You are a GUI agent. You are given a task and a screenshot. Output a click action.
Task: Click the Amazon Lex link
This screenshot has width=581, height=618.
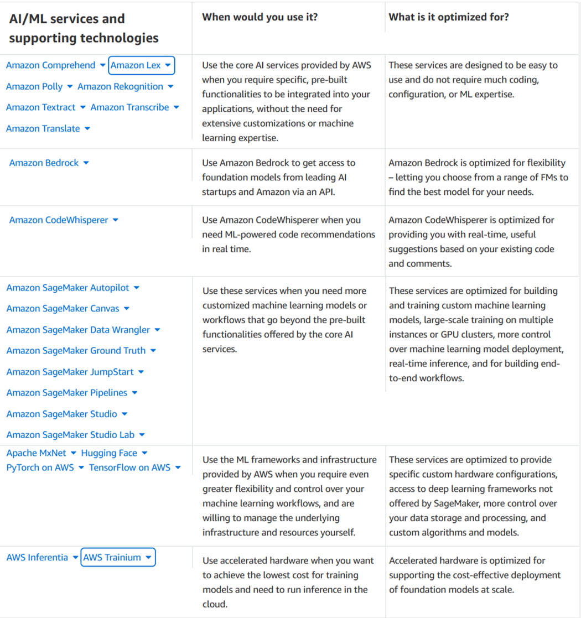(x=136, y=65)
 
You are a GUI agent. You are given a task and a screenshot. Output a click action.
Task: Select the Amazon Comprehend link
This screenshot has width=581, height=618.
(x=50, y=65)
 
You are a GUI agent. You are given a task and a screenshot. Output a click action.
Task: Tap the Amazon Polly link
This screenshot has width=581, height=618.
(x=34, y=86)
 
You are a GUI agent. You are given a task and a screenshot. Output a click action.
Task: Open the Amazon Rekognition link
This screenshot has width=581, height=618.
(x=120, y=86)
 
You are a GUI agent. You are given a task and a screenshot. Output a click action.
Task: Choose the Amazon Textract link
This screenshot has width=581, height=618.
(x=40, y=107)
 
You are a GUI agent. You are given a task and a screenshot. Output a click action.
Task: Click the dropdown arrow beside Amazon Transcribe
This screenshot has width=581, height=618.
(x=177, y=107)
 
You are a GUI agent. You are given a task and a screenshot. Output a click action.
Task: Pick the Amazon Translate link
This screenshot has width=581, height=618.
(x=43, y=128)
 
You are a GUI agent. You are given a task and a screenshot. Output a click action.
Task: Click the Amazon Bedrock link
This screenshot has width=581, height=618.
(x=44, y=163)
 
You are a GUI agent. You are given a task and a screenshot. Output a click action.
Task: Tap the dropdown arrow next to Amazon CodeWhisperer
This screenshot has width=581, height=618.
(x=116, y=220)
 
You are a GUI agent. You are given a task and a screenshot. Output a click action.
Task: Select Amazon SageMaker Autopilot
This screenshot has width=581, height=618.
(x=68, y=288)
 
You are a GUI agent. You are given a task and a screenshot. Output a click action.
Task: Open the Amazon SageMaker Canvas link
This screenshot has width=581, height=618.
(x=63, y=309)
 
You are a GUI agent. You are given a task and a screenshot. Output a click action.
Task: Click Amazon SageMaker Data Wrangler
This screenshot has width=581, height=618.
(x=78, y=330)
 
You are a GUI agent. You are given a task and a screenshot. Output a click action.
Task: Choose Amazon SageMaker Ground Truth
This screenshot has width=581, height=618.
(x=76, y=351)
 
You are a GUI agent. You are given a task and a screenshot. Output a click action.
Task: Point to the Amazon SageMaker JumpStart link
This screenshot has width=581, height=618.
(x=70, y=372)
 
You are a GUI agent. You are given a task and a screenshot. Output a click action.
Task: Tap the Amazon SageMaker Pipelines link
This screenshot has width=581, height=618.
(x=66, y=393)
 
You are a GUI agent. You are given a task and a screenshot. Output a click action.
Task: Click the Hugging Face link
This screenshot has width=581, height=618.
(x=109, y=453)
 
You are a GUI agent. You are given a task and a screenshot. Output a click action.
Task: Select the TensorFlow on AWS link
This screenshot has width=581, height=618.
(x=129, y=468)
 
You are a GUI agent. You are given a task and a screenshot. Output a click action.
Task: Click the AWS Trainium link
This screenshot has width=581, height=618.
(x=112, y=557)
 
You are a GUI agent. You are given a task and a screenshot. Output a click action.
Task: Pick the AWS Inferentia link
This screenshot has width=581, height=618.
(x=37, y=557)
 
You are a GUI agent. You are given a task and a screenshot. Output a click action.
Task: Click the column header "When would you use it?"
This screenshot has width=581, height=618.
(x=260, y=17)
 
